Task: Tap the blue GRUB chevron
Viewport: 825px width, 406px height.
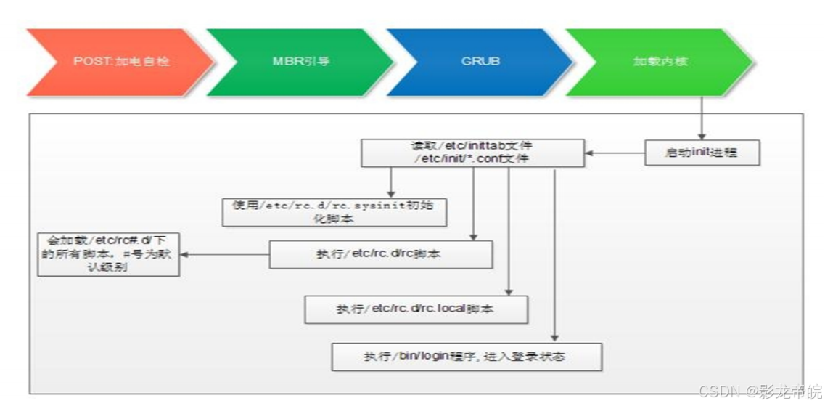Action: [x=479, y=62]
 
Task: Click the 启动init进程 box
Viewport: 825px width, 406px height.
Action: [x=702, y=153]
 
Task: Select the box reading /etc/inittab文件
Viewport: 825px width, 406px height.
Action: [x=472, y=153]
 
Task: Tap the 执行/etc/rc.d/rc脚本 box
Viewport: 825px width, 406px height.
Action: [x=381, y=254]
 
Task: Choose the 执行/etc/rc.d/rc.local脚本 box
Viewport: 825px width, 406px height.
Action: [x=415, y=309]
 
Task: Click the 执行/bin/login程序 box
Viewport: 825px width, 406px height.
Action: [x=467, y=356]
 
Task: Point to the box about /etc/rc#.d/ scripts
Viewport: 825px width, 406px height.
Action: [x=109, y=254]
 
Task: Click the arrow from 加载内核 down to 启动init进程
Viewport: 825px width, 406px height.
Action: [x=701, y=116]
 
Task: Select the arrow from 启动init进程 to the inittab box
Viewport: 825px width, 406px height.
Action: [x=615, y=153]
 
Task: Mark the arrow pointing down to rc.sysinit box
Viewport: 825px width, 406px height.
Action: [x=391, y=182]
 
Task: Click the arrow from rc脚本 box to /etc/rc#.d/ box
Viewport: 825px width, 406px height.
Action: [x=225, y=254]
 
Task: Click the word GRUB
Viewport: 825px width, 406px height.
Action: [x=480, y=62]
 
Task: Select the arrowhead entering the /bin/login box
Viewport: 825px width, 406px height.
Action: [x=554, y=338]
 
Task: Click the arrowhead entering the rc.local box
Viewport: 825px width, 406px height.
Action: [x=509, y=291]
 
